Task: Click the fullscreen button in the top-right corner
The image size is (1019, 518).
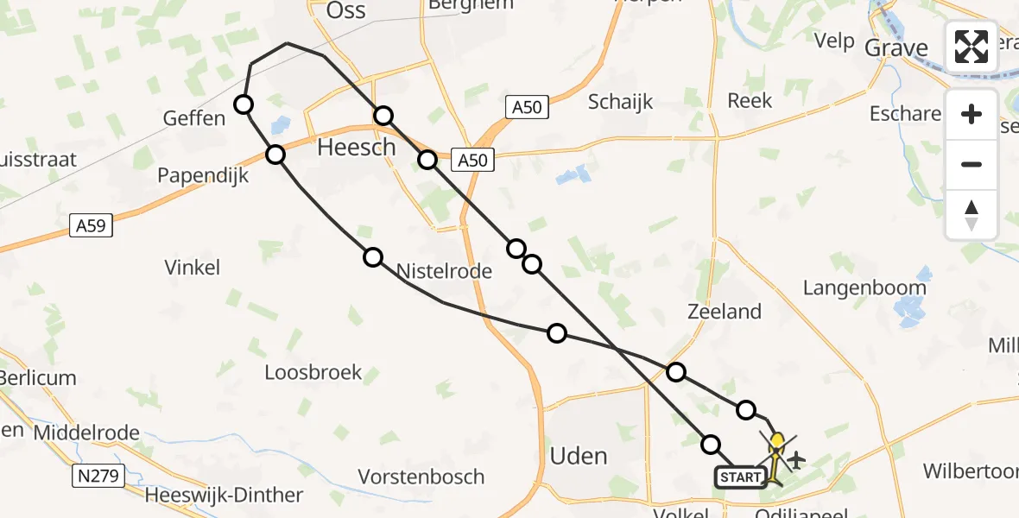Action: tap(972, 47)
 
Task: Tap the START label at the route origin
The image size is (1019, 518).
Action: tap(740, 477)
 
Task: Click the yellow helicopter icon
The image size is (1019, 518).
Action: tap(777, 445)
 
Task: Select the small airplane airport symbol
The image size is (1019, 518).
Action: tap(795, 459)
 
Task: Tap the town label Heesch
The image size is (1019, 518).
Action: tap(356, 148)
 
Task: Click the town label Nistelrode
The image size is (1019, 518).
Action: tap(444, 271)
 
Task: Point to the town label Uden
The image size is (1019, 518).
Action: tap(579, 456)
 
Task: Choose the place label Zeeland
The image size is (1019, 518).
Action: tap(725, 312)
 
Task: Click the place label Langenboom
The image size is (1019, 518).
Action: tap(864, 287)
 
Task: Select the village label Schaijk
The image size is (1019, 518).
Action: tap(620, 102)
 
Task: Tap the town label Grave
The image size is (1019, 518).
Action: tap(896, 47)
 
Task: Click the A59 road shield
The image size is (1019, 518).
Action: tap(90, 227)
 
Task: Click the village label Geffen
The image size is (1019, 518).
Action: tap(193, 118)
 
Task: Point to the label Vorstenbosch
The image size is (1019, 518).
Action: tap(421, 477)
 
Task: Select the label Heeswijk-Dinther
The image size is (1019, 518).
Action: tap(224, 496)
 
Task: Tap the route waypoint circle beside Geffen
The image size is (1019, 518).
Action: tap(244, 104)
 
